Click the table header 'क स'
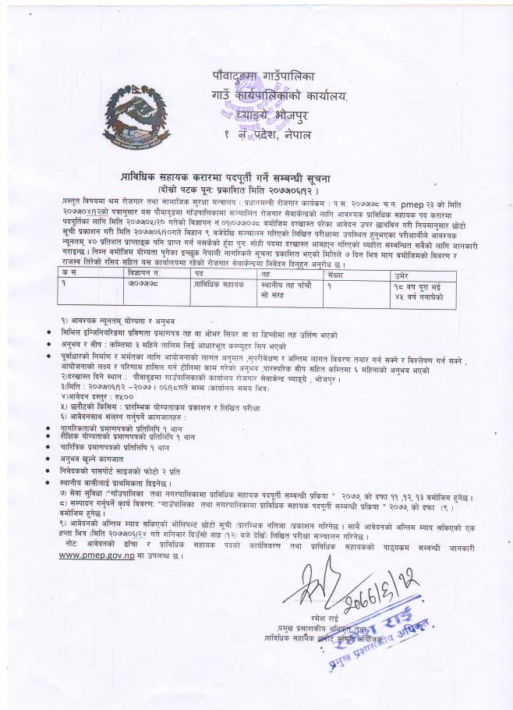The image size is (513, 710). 72,274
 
